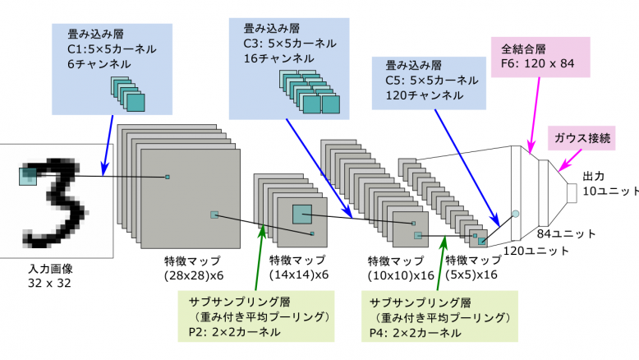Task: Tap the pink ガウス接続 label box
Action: (582, 137)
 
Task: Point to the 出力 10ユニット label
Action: (609, 183)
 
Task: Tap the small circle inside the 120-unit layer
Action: (515, 214)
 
